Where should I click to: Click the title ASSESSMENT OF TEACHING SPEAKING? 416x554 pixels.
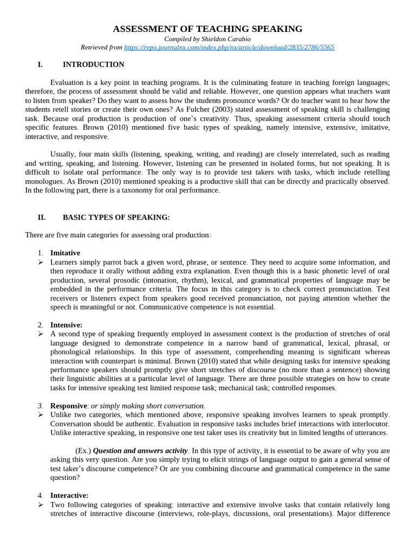click(207, 29)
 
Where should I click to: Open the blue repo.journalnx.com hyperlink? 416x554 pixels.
click(229, 48)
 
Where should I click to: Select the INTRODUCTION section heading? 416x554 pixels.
click(93, 65)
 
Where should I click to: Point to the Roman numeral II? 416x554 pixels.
click(41, 217)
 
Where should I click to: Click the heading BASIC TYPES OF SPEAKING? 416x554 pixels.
click(116, 217)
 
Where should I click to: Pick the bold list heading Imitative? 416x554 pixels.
click(65, 253)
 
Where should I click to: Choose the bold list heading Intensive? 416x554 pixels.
click(66, 325)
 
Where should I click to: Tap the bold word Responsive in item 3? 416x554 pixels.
click(68, 406)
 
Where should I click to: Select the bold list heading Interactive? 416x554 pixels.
click(69, 496)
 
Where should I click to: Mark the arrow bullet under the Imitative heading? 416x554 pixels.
click(40, 262)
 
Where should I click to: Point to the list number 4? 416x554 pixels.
click(40, 496)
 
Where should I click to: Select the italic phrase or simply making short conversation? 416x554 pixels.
click(148, 406)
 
